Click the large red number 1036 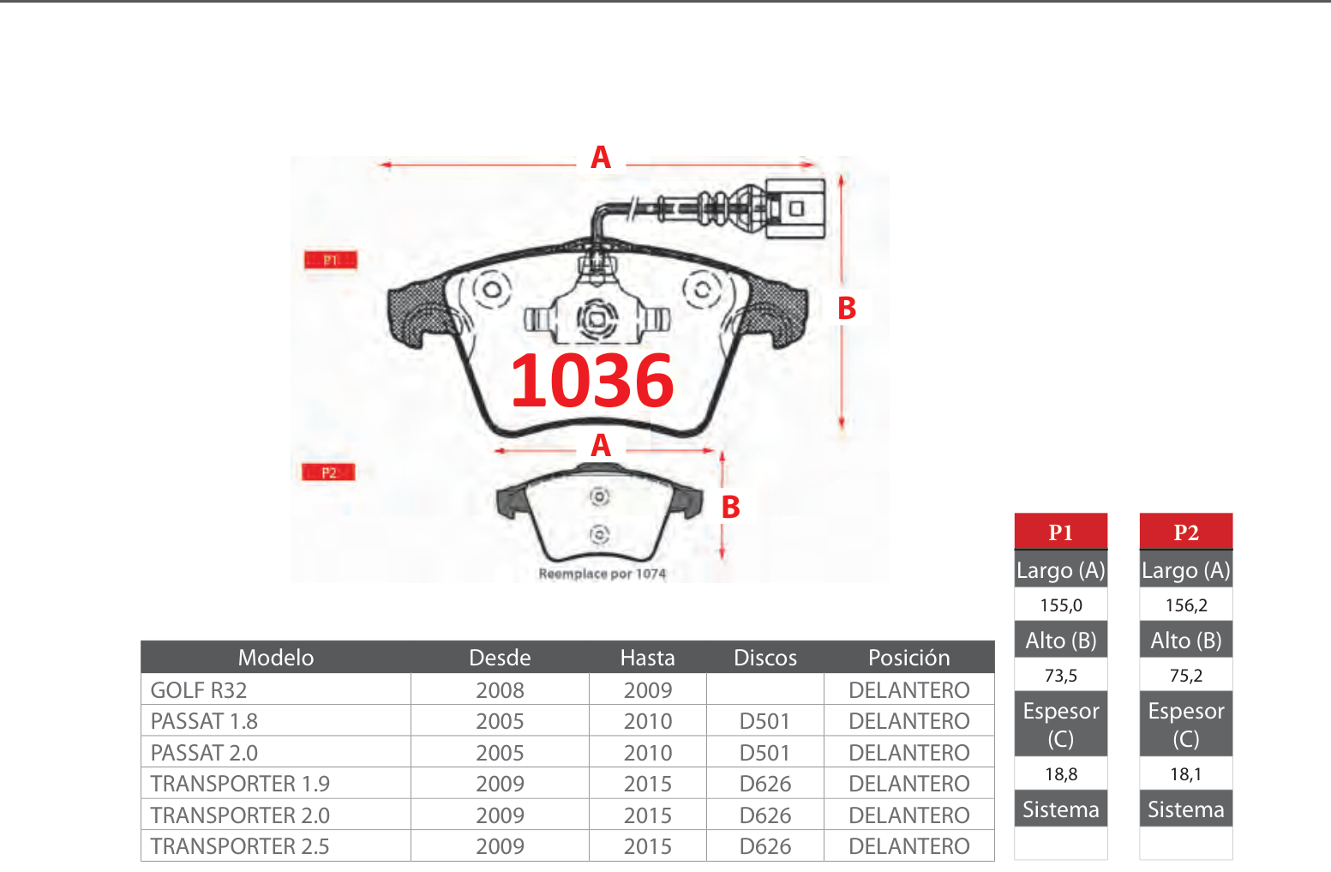592,381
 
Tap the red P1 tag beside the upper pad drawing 330,260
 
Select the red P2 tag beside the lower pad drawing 328,472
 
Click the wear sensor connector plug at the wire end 795,208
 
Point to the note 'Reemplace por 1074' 602,574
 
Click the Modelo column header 276,658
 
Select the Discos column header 765,658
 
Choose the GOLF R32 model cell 199,690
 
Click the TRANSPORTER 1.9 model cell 240,784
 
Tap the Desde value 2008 500,690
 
